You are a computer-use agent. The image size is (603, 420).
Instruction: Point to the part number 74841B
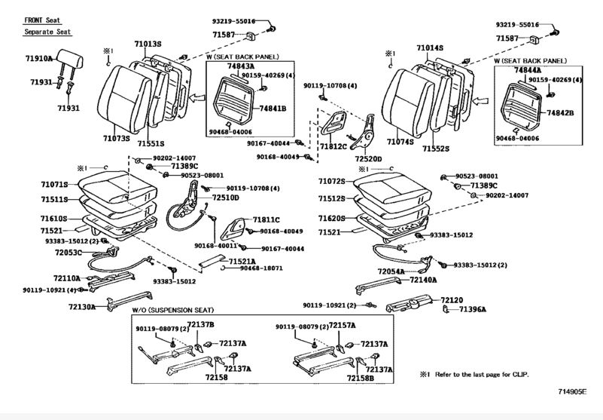[274, 109]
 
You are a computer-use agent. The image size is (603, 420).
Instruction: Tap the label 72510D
[225, 198]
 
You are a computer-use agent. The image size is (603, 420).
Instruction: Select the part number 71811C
[266, 219]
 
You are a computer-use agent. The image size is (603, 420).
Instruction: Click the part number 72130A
[83, 307]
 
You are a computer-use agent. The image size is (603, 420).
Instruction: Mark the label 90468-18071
[261, 268]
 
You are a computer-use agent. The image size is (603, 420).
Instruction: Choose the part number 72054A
[391, 271]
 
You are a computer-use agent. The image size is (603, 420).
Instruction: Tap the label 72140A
[423, 279]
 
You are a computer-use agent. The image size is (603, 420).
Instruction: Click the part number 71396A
[473, 309]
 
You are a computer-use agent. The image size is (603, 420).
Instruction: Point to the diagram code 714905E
[571, 391]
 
